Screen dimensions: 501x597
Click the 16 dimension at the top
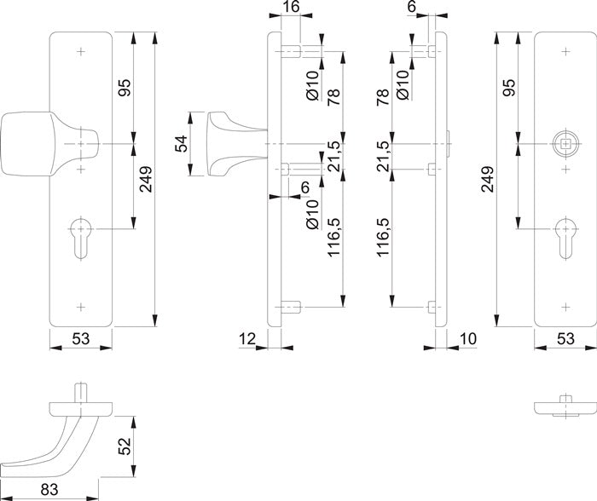(x=291, y=8)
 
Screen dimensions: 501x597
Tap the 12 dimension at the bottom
(x=248, y=340)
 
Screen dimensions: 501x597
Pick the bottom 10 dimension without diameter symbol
(x=467, y=340)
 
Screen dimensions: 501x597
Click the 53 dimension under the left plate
(x=81, y=340)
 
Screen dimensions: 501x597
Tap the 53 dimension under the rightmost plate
(x=565, y=340)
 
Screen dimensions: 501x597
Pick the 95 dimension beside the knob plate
(x=125, y=89)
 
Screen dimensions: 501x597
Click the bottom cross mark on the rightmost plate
(x=563, y=305)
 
